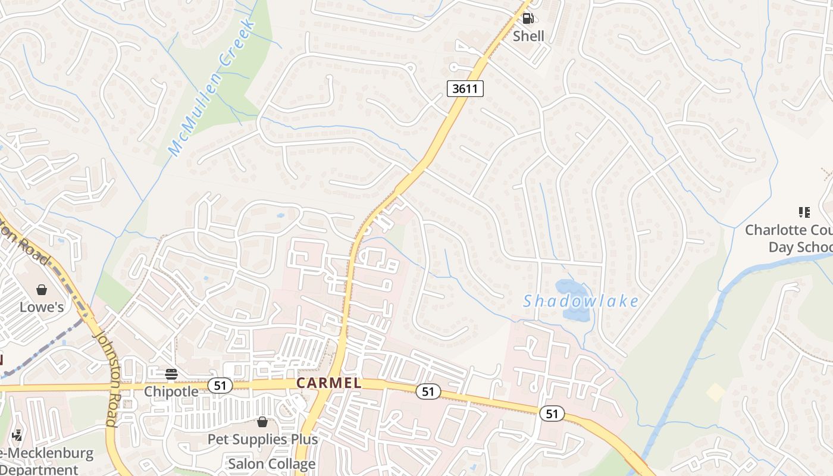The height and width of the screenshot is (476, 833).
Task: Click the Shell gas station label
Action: click(528, 36)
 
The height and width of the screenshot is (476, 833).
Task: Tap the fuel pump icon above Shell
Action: click(528, 18)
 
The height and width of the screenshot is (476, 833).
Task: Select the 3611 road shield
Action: click(465, 89)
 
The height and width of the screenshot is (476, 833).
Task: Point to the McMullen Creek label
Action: click(213, 87)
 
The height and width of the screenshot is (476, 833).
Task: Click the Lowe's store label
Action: click(42, 307)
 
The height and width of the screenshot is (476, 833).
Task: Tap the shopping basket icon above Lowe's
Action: click(42, 290)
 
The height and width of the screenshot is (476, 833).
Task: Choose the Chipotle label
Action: click(171, 392)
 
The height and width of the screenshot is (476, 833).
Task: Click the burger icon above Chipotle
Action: click(171, 374)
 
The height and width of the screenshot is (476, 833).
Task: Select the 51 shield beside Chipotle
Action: click(220, 386)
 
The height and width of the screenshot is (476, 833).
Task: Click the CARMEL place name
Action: click(328, 383)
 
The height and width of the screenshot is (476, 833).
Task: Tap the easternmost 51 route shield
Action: click(552, 414)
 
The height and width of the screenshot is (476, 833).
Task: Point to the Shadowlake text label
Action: click(581, 302)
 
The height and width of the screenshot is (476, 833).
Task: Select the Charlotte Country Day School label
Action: click(789, 238)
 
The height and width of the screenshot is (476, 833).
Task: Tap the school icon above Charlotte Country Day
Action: click(804, 212)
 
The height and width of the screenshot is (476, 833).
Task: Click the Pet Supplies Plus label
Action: click(262, 440)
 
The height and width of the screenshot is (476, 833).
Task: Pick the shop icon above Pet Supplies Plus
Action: click(262, 422)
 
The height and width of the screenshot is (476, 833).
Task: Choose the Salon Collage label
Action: click(272, 464)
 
